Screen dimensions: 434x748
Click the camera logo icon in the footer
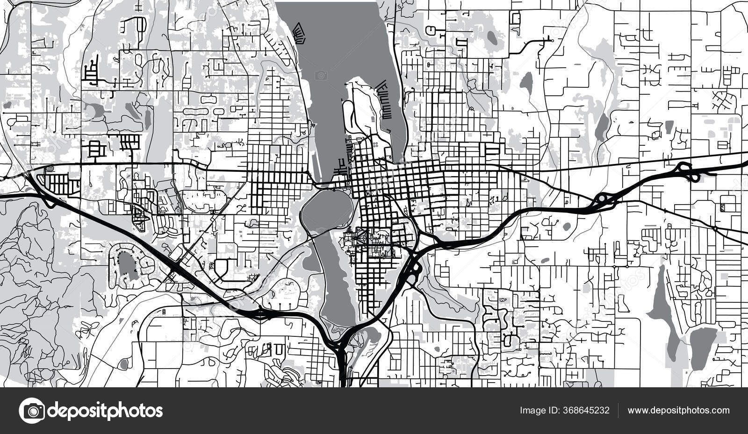(x=32, y=411)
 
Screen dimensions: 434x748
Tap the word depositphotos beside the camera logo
(x=105, y=411)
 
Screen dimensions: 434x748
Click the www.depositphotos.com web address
(x=678, y=411)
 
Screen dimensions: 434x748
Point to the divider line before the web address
(x=619, y=411)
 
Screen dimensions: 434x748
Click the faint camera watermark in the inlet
(x=321, y=75)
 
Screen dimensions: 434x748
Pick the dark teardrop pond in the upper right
(x=527, y=83)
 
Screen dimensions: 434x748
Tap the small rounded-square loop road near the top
(x=516, y=18)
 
